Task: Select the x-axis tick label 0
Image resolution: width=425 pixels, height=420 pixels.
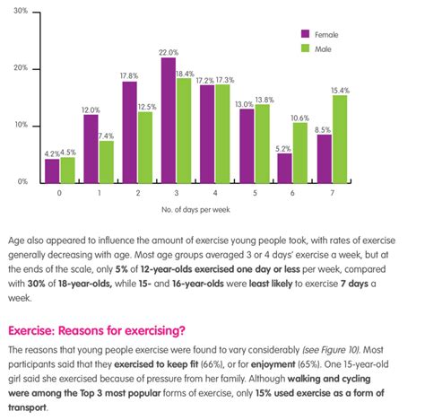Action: (59, 193)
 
